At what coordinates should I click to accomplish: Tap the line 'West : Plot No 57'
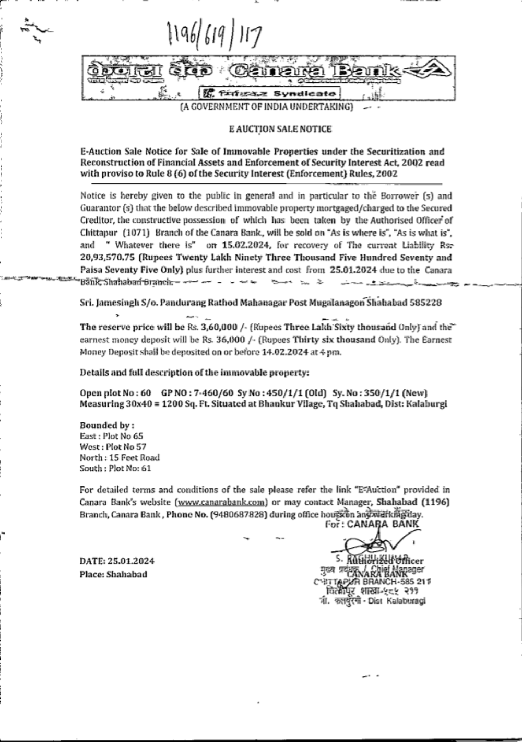(113, 447)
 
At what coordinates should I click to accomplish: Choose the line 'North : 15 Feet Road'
(120, 458)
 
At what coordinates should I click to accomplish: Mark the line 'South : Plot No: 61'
(115, 468)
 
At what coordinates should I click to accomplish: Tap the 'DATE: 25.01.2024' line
(117, 561)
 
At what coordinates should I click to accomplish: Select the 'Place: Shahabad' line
(113, 574)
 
